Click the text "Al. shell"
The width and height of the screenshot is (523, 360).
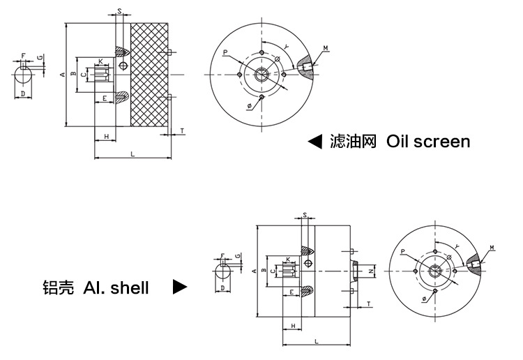(x=116, y=287)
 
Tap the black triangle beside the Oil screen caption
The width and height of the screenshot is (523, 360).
(x=315, y=142)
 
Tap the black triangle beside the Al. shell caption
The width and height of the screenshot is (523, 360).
(x=180, y=287)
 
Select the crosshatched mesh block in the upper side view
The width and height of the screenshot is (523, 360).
(x=149, y=75)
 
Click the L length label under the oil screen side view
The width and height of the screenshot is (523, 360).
(x=132, y=154)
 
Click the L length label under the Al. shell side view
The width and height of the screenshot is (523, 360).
(x=317, y=340)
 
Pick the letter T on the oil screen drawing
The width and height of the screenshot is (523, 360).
(x=182, y=130)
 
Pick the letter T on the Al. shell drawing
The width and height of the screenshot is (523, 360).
(x=367, y=304)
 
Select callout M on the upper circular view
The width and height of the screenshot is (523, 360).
(x=326, y=48)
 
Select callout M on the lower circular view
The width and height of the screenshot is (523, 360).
(x=492, y=248)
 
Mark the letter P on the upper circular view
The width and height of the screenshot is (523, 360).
(x=225, y=52)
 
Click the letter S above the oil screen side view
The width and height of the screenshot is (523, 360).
(x=120, y=12)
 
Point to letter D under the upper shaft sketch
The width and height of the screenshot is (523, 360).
(x=22, y=93)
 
